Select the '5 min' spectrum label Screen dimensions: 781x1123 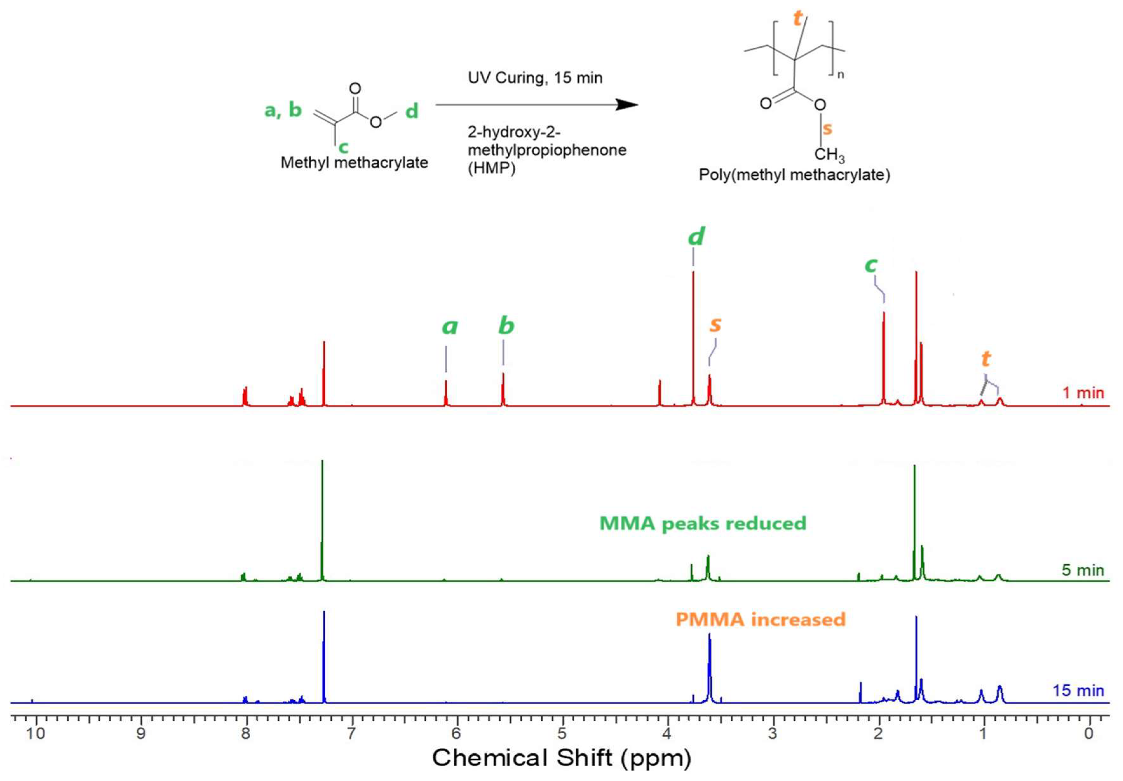(x=1083, y=570)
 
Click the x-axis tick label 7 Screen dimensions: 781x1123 (x=351, y=734)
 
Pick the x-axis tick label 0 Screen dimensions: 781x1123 (x=1089, y=734)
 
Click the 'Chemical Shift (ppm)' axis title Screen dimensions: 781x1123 (x=562, y=758)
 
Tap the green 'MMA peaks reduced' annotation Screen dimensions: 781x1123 (x=703, y=524)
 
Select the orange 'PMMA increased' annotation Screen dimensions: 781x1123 (x=761, y=620)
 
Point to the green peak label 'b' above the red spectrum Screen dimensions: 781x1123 (x=506, y=325)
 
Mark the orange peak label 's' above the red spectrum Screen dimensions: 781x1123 (x=715, y=324)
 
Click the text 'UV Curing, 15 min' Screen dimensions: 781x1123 (x=535, y=78)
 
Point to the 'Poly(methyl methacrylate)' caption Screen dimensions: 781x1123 (x=794, y=175)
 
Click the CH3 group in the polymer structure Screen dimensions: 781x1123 (x=829, y=156)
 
